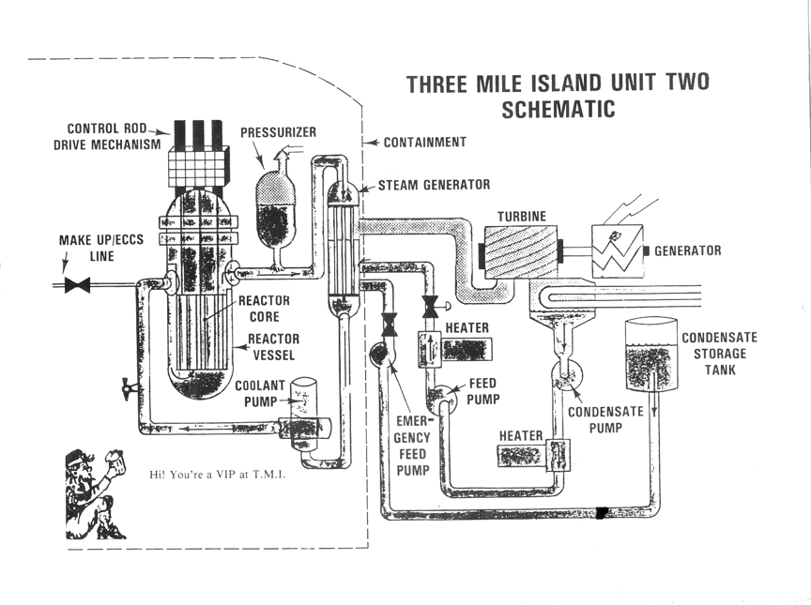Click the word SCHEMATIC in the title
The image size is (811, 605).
pyautogui.click(x=558, y=109)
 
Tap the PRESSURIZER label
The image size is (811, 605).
pyautogui.click(x=278, y=132)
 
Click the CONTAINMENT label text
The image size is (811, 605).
pyautogui.click(x=424, y=143)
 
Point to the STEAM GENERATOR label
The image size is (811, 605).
pyautogui.click(x=434, y=185)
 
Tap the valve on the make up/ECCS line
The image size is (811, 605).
pyautogui.click(x=77, y=284)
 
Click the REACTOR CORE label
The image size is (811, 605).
pyautogui.click(x=264, y=309)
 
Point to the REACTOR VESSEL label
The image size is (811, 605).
pyautogui.click(x=273, y=346)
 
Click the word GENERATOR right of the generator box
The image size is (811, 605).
pyautogui.click(x=687, y=250)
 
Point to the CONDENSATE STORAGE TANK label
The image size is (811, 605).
pyautogui.click(x=719, y=354)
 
